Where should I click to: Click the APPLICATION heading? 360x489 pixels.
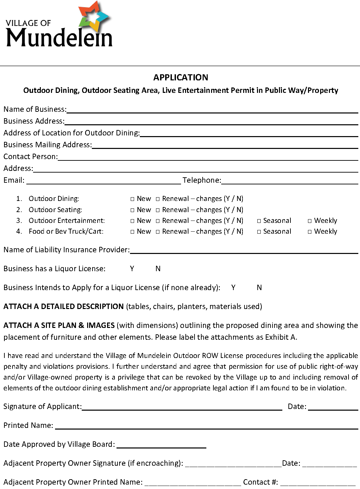click(x=181, y=77)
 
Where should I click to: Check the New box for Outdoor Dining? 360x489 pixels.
click(x=132, y=199)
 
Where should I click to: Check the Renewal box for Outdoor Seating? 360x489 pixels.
click(x=158, y=210)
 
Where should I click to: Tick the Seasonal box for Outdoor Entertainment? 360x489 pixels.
click(x=259, y=221)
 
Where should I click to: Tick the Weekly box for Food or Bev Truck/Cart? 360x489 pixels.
click(x=310, y=232)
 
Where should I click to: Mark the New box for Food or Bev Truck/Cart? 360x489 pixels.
click(x=132, y=232)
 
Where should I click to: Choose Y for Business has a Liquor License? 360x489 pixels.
click(x=132, y=268)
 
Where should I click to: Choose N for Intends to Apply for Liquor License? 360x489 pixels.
click(x=259, y=287)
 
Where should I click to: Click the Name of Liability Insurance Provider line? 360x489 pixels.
click(x=244, y=251)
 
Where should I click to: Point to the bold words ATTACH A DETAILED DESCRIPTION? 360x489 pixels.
click(x=63, y=306)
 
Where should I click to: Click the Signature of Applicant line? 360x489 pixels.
click(x=182, y=407)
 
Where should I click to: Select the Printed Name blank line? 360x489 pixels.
click(x=206, y=426)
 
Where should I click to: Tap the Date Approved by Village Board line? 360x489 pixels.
click(x=161, y=445)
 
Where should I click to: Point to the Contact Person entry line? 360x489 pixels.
click(x=208, y=157)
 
